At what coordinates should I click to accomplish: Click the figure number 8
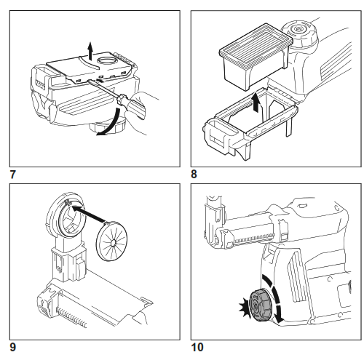194,174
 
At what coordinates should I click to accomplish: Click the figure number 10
198,348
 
